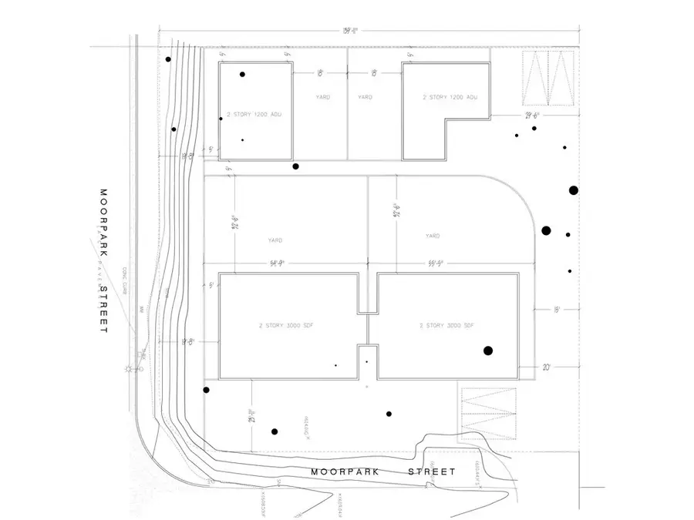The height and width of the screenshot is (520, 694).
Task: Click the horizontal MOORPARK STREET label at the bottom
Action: [x=383, y=471]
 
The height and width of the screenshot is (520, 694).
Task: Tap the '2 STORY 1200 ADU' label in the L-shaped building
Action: [x=450, y=98]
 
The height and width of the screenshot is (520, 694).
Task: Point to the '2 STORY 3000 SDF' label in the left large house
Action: [x=285, y=326]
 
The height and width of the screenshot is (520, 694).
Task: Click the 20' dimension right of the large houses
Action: [x=546, y=367]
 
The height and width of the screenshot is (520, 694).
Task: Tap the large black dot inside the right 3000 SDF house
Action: [x=487, y=351]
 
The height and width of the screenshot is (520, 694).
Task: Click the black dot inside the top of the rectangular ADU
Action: [x=242, y=75]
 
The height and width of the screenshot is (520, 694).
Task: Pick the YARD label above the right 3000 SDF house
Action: [x=433, y=236]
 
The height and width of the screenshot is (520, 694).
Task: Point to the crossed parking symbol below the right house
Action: [x=487, y=414]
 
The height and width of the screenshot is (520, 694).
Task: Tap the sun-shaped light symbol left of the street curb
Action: [x=130, y=370]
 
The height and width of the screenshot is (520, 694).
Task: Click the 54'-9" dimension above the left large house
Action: [x=277, y=263]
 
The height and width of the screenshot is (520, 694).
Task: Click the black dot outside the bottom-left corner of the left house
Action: [x=206, y=391]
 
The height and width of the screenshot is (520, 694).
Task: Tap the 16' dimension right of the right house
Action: [x=546, y=309]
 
